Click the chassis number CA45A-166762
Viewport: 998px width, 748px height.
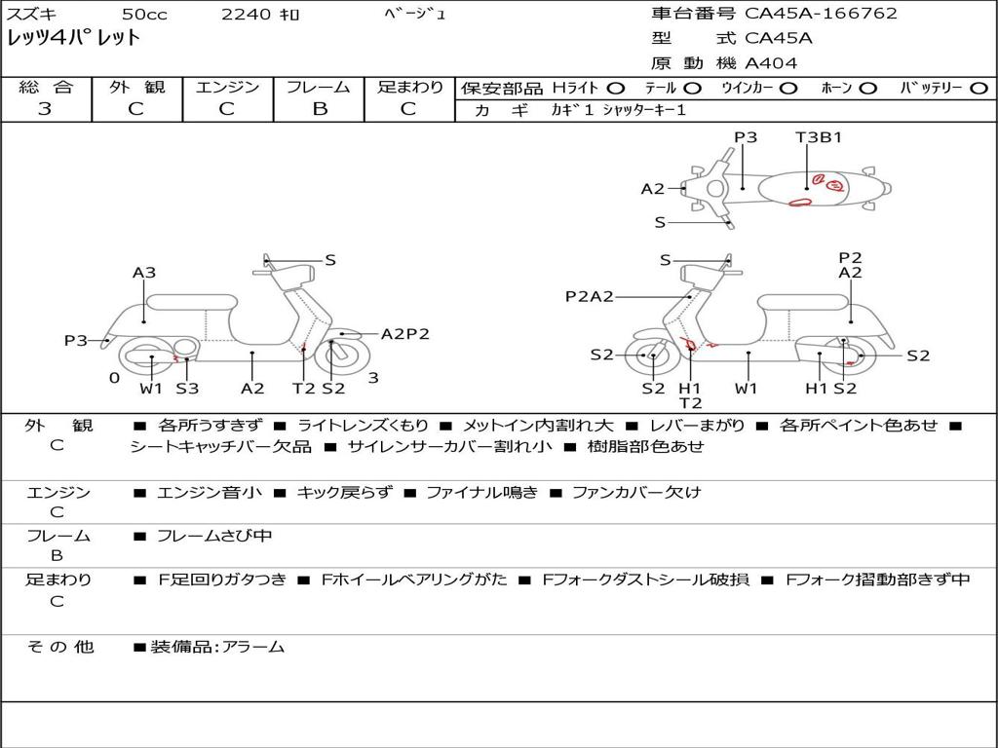(x=821, y=14)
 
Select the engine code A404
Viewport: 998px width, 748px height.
(x=771, y=63)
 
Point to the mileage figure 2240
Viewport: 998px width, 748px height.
(x=247, y=14)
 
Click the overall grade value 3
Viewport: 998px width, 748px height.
(x=45, y=108)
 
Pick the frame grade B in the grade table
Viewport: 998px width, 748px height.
(x=319, y=108)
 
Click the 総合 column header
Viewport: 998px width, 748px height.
(x=45, y=87)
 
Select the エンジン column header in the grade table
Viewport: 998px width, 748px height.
(x=227, y=87)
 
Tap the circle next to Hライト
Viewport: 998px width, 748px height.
(x=615, y=88)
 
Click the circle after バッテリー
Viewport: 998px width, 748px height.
(x=977, y=88)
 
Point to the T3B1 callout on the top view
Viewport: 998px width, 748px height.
(x=818, y=137)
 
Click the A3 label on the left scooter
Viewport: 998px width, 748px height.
(x=144, y=273)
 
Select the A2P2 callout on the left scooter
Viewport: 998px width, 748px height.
(x=404, y=334)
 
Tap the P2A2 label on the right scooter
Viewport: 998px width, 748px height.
(x=589, y=296)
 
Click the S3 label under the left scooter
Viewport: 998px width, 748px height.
(x=187, y=389)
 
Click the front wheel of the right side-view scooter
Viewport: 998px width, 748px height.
(x=651, y=356)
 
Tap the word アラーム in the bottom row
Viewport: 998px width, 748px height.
(x=254, y=646)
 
